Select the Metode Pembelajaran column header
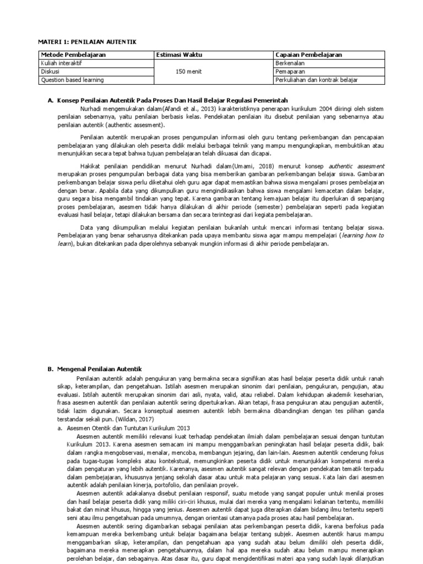pos(73,55)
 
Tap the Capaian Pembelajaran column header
pos(308,55)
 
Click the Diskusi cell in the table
pos(50,72)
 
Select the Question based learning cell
pos(72,80)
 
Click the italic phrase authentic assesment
pos(357,165)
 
